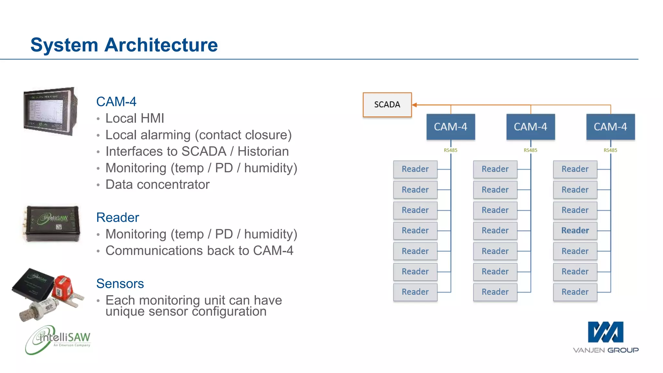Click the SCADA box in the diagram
[x=387, y=105]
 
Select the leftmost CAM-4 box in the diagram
[x=450, y=127]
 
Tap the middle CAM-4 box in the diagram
[x=530, y=127]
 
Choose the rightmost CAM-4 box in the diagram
[x=610, y=127]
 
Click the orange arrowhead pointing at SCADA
[x=414, y=105]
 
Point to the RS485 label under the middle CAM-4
[x=530, y=150]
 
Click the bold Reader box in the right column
[x=575, y=231]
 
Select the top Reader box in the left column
[x=415, y=169]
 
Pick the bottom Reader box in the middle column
[x=495, y=292]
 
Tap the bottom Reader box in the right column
[x=575, y=292]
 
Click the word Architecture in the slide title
[x=161, y=45]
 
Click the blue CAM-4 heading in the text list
[x=116, y=102]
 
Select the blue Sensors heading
[x=120, y=284]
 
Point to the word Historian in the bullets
[x=263, y=152]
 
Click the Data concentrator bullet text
[x=157, y=185]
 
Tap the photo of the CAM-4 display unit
[x=51, y=111]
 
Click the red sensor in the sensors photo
[x=63, y=287]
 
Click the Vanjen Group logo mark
[x=605, y=332]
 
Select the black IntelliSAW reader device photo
[x=53, y=223]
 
